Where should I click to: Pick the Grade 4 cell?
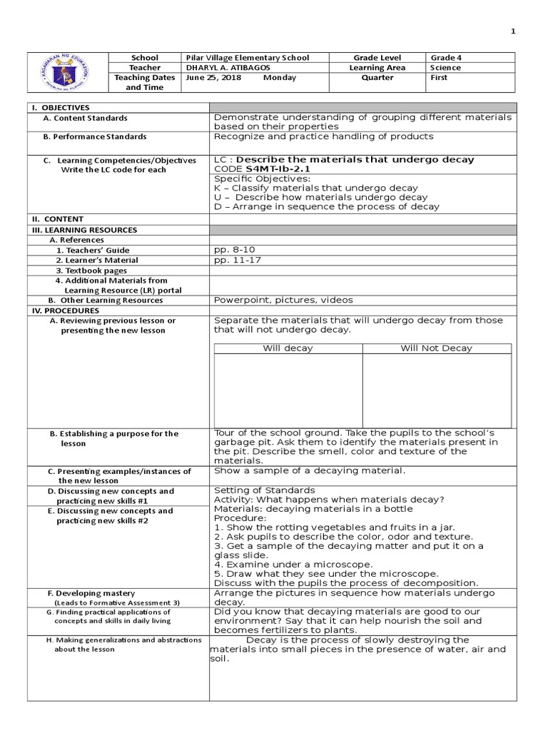(x=446, y=58)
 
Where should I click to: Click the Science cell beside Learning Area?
(x=445, y=68)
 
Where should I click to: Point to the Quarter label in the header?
(x=377, y=78)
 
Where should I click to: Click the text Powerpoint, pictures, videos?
(x=283, y=301)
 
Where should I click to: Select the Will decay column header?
(x=288, y=348)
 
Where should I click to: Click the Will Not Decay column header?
(x=436, y=348)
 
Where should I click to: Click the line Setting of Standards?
(x=264, y=490)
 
